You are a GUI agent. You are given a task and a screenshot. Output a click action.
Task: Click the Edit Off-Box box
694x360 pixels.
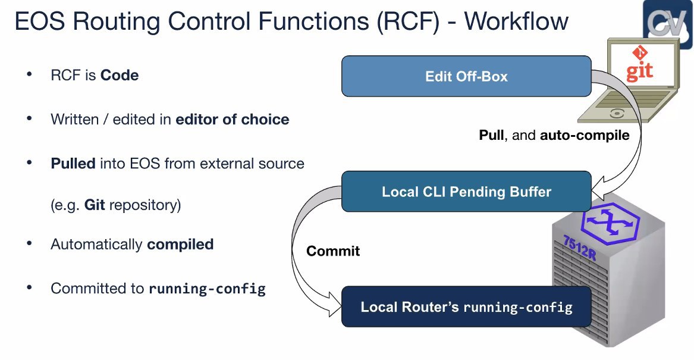pos(466,76)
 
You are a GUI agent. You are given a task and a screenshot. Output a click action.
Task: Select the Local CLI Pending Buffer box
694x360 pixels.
pos(466,191)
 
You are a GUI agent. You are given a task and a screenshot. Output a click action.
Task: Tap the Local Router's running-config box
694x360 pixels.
pos(466,306)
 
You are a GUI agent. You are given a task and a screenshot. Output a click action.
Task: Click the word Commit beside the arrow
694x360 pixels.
pos(333,251)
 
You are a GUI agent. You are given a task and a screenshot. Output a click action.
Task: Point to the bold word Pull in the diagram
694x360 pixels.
pos(491,134)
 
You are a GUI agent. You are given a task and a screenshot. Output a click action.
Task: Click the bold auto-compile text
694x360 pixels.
pos(585,135)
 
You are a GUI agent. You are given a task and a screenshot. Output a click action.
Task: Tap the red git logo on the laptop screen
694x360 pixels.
pos(640,65)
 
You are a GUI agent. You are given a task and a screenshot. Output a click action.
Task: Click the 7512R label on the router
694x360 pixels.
pos(580,248)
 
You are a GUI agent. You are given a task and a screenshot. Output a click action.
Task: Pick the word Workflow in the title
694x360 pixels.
pos(516,21)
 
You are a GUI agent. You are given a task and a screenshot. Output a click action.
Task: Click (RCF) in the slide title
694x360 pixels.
pos(408,21)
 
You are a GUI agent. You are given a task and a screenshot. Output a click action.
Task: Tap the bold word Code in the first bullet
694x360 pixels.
pos(120,76)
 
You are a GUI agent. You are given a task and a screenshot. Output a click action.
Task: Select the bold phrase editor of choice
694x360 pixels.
pos(233,120)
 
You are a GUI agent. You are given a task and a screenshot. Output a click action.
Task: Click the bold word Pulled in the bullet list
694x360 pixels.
pos(73,164)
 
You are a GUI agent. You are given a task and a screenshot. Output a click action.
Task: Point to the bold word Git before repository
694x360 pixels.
pos(95,205)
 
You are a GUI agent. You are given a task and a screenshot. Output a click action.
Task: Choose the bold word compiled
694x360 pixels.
pos(180,245)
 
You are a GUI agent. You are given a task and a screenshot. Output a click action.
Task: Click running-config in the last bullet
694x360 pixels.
pos(207,289)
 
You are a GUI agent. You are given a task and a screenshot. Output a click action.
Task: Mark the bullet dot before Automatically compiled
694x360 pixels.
pos(29,243)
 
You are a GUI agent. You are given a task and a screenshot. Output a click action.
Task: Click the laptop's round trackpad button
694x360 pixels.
pos(617,114)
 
